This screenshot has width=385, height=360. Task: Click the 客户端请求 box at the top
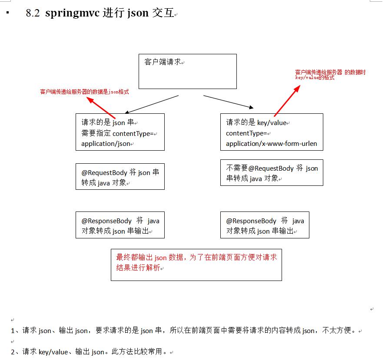pyautogui.click(x=187, y=71)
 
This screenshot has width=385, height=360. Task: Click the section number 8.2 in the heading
pyautogui.click(x=33, y=13)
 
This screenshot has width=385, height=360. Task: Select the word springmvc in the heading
pyautogui.click(x=72, y=13)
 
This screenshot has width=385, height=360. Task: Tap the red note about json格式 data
pyautogui.click(x=84, y=92)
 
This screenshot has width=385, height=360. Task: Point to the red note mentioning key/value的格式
pyautogui.click(x=330, y=75)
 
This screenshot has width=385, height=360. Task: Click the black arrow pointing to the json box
pyautogui.click(x=152, y=104)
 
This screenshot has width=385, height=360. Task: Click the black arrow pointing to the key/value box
pyautogui.click(x=229, y=102)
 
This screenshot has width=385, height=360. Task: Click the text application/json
pyautogui.click(x=106, y=144)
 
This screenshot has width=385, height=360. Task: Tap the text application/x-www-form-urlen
pyautogui.click(x=272, y=144)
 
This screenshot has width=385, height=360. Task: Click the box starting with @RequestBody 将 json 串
pyautogui.click(x=120, y=177)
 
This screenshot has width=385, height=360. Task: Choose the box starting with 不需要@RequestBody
pyautogui.click(x=272, y=173)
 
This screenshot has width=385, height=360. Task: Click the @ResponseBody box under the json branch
pyautogui.click(x=120, y=225)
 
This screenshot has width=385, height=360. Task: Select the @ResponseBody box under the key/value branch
pyautogui.click(x=265, y=225)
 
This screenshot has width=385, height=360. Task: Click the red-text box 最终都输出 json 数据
pyautogui.click(x=196, y=264)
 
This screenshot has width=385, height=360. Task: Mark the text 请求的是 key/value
pyautogui.click(x=256, y=123)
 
